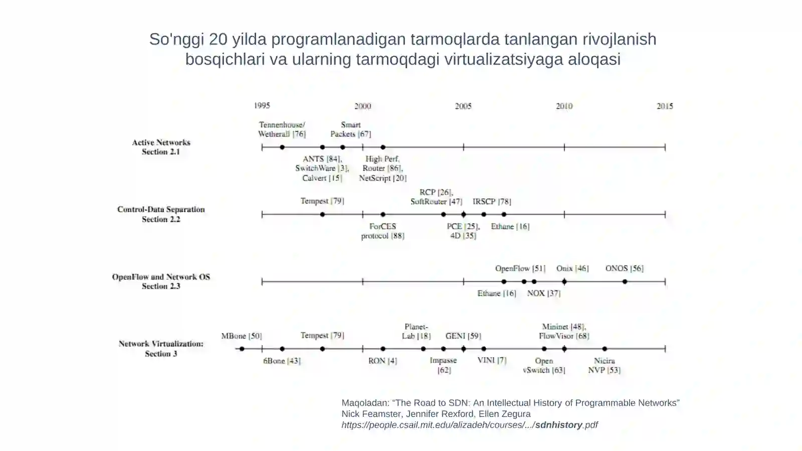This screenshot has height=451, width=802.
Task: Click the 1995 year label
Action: [x=262, y=106]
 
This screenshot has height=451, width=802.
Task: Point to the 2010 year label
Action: [x=564, y=106]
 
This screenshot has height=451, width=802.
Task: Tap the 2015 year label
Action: [x=665, y=106]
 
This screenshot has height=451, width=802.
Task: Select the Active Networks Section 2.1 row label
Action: [x=161, y=147]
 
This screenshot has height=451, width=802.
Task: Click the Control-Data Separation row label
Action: [x=161, y=214]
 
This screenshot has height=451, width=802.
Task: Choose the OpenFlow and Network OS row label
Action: [x=161, y=281]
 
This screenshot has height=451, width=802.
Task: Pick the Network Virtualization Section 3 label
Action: [x=161, y=349]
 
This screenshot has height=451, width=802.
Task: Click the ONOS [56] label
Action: [x=625, y=268]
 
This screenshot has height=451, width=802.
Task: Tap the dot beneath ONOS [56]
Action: [x=625, y=281]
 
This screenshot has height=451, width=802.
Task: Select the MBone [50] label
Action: [x=242, y=336]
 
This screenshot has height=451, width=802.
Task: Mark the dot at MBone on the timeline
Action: [x=242, y=349]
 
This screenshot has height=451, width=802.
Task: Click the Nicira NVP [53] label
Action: [x=605, y=365]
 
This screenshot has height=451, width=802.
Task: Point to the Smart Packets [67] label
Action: [x=350, y=129]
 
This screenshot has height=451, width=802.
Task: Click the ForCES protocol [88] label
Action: [x=383, y=231]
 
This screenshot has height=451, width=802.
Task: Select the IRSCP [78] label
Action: [x=492, y=201]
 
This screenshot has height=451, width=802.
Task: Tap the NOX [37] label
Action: [x=544, y=293]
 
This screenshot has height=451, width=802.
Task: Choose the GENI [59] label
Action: [x=463, y=336]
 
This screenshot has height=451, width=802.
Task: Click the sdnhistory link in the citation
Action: [x=558, y=425]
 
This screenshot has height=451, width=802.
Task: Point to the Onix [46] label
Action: [x=572, y=268]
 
